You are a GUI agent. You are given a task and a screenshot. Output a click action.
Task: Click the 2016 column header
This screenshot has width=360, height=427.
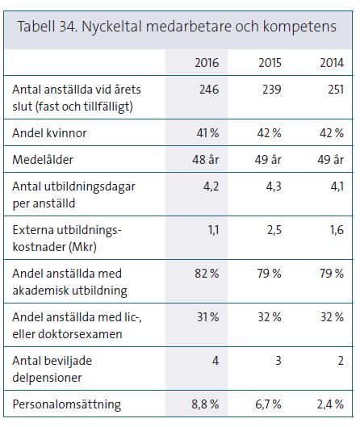(x=207, y=63)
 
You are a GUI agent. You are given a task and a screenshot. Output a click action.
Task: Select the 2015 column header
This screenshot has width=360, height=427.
(x=270, y=63)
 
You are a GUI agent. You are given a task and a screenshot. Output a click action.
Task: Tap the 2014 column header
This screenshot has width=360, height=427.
(x=332, y=63)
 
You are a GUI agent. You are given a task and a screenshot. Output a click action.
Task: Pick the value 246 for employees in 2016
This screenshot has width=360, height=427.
(x=209, y=90)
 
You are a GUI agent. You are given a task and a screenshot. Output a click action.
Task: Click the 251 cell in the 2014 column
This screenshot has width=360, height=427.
(x=336, y=90)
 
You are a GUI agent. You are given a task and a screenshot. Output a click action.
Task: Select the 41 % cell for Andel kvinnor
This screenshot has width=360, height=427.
(x=207, y=133)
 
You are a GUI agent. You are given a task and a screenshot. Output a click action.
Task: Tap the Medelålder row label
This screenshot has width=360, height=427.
(x=43, y=160)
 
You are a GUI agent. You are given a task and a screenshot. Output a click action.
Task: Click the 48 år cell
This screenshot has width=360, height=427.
(x=206, y=160)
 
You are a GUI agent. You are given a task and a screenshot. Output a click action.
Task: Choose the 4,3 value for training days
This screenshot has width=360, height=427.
(x=274, y=186)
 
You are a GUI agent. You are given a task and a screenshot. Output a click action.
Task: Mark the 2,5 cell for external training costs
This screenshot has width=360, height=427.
(x=274, y=230)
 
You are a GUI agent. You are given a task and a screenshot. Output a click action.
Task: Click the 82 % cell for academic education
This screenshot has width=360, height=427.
(x=207, y=274)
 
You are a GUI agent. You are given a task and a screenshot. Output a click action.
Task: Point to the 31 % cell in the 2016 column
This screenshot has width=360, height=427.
(x=207, y=317)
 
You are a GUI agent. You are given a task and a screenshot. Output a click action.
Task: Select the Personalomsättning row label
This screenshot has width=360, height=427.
(x=67, y=404)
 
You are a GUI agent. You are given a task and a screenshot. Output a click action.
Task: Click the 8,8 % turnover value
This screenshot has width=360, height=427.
(x=205, y=404)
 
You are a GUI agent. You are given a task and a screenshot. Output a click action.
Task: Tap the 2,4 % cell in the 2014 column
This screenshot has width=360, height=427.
(x=330, y=404)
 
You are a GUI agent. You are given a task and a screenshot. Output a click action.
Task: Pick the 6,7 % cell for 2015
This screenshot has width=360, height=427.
(x=268, y=404)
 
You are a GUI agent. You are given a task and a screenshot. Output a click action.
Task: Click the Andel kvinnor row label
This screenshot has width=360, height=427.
(x=49, y=133)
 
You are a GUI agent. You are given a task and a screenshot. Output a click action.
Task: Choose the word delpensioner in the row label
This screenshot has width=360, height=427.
(x=47, y=378)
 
